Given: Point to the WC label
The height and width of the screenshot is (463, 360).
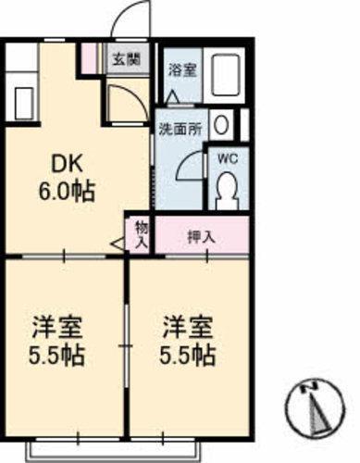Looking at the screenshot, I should pos(227,156).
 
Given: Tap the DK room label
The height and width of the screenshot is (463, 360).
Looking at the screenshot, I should pos(68,166).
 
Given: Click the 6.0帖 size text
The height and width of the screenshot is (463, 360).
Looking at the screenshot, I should pos(68,192).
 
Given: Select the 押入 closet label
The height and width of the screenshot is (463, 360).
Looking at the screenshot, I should pos(200,236).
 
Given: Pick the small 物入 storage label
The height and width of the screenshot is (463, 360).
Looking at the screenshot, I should pos(141,234).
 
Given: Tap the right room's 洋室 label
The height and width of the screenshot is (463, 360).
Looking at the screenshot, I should pos(189,327).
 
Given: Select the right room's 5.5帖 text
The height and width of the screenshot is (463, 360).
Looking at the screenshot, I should pos(190,356).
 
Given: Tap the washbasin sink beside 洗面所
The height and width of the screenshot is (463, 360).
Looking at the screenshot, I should pos(222,124).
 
